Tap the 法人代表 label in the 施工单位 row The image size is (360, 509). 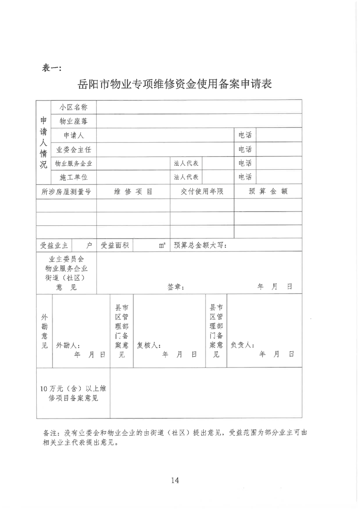tap(186, 177)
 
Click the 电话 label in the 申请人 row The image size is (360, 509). tap(245, 135)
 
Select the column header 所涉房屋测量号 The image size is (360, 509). tap(66, 192)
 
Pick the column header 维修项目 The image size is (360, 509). tap(133, 192)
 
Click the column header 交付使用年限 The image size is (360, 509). tap(202, 192)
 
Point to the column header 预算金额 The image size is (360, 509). tap(268, 192)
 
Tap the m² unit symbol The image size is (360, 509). tap(162, 246)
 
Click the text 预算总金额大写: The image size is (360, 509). tap(200, 246)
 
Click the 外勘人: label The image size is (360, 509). tap(68, 345)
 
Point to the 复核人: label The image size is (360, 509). tap(149, 345)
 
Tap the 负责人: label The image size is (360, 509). tap(243, 345)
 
